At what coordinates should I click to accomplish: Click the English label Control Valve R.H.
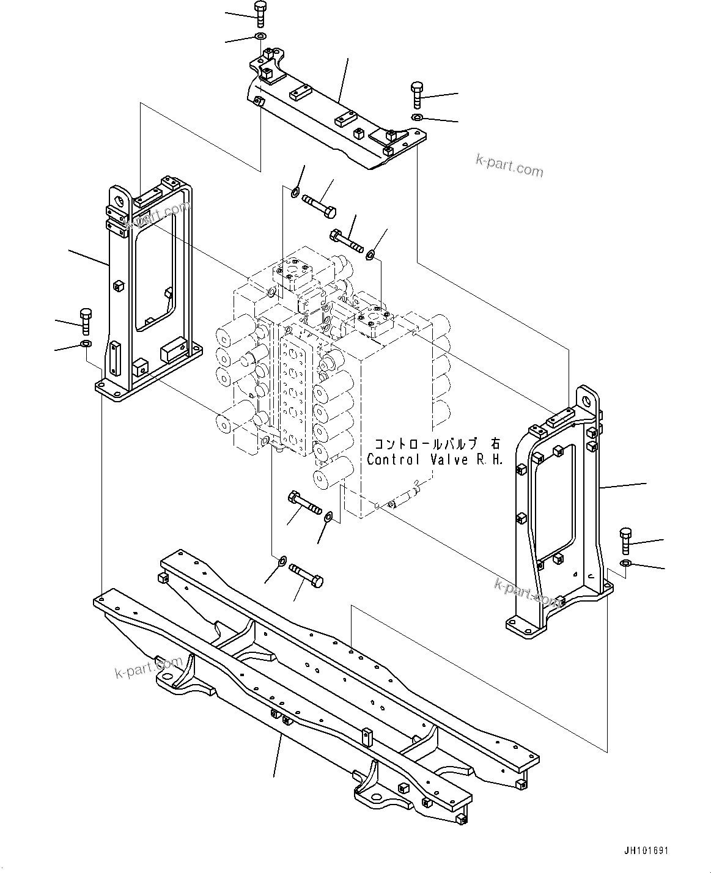(x=435, y=460)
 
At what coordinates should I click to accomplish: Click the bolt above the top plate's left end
(x=259, y=14)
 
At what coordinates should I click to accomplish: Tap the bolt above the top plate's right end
(x=417, y=94)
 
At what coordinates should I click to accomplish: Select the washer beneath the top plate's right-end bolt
(x=417, y=117)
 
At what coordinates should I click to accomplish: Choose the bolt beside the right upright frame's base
(x=626, y=540)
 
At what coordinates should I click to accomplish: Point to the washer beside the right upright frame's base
(x=626, y=563)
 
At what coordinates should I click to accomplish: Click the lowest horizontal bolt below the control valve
(x=307, y=573)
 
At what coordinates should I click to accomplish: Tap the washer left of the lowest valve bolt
(x=282, y=560)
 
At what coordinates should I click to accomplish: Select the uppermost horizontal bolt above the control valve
(x=319, y=205)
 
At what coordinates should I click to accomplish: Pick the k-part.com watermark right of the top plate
(x=509, y=165)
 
